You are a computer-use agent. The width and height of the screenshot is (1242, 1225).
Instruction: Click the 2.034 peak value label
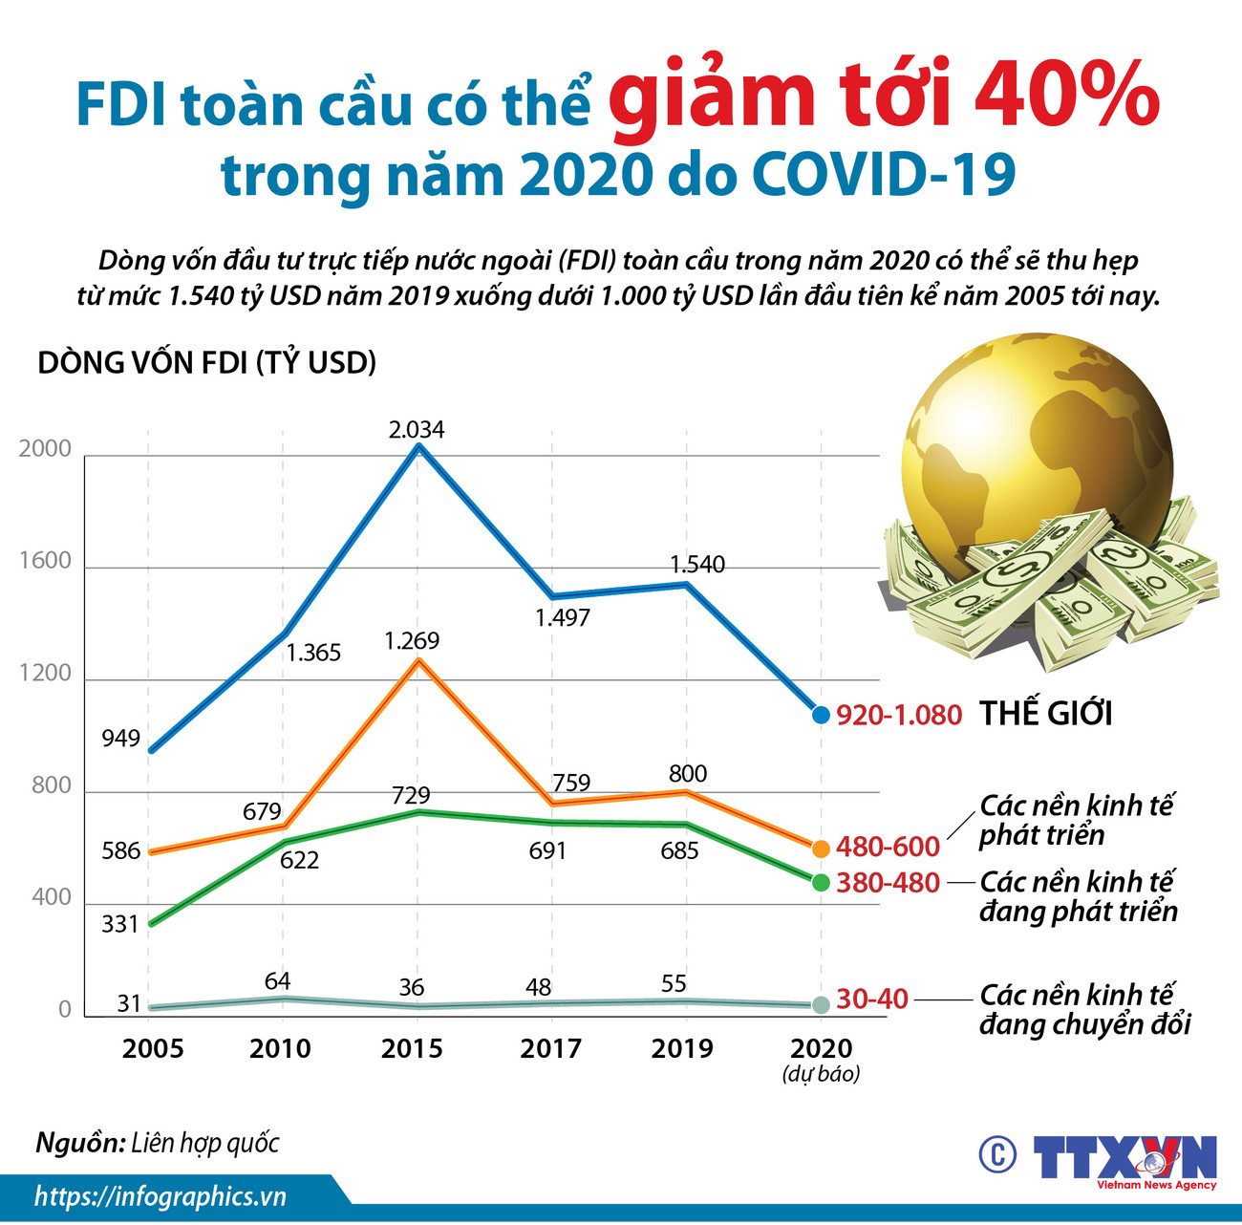pyautogui.click(x=417, y=430)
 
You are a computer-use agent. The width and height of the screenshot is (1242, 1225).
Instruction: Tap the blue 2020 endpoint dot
pyautogui.click(x=821, y=714)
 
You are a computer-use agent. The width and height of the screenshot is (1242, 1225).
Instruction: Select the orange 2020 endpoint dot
pyautogui.click(x=821, y=848)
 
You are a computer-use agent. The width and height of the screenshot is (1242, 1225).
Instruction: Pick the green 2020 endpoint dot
pyautogui.click(x=821, y=882)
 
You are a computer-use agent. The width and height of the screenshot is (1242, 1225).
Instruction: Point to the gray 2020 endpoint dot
pyautogui.click(x=821, y=1004)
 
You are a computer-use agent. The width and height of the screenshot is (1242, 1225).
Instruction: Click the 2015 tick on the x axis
pyautogui.click(x=412, y=1049)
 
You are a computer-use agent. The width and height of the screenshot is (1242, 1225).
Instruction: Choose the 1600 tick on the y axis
pyautogui.click(x=46, y=561)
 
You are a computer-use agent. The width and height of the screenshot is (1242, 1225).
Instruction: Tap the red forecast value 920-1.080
pyautogui.click(x=898, y=715)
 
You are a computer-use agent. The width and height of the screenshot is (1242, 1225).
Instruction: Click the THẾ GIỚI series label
pyautogui.click(x=1046, y=714)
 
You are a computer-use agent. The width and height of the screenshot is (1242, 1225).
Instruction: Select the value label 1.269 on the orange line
pyautogui.click(x=412, y=641)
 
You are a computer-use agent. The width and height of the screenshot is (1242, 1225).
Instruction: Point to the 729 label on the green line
pyautogui.click(x=411, y=795)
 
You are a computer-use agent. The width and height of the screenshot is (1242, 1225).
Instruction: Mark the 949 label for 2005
pyautogui.click(x=120, y=738)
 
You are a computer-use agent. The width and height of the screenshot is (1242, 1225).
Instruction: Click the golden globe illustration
pyautogui.click(x=1037, y=449)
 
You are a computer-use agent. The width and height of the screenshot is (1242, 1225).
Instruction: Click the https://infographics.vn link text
pyautogui.click(x=161, y=1197)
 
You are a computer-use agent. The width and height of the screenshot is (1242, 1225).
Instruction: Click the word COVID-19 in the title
pyautogui.click(x=884, y=176)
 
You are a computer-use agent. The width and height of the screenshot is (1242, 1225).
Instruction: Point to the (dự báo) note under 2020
pyautogui.click(x=821, y=1074)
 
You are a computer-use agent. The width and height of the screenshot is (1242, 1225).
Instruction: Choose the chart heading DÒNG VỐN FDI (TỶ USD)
pyautogui.click(x=206, y=363)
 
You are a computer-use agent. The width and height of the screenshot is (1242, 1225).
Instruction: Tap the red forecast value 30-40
pyautogui.click(x=871, y=999)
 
